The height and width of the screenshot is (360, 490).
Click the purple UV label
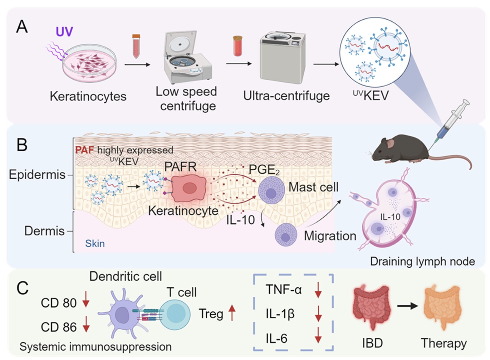[x=64, y=32]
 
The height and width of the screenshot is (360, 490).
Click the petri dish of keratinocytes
[x=90, y=63]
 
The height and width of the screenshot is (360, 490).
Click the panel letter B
[x=22, y=145]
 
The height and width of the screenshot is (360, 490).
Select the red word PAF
[x=84, y=150]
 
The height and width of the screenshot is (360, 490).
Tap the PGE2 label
[x=264, y=170]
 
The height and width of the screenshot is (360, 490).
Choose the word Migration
[x=330, y=236]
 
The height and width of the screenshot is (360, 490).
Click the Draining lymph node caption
[x=422, y=261]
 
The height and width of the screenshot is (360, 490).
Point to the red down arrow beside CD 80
[x=86, y=300]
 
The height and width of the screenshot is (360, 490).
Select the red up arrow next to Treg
[x=232, y=313]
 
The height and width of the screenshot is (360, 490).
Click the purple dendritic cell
[x=122, y=314]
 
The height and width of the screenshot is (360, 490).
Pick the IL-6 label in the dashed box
[x=277, y=338]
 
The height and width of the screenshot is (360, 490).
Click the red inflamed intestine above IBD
[x=372, y=306]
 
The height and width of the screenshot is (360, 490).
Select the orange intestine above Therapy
[x=443, y=306]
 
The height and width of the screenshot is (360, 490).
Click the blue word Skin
[x=95, y=244]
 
